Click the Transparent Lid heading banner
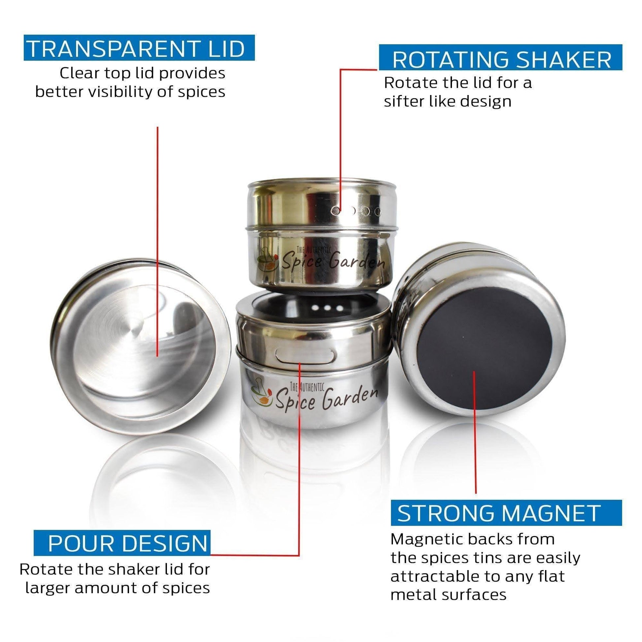[x=139, y=48]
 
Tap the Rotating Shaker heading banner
[x=500, y=57]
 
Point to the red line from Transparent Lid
[x=157, y=241]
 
